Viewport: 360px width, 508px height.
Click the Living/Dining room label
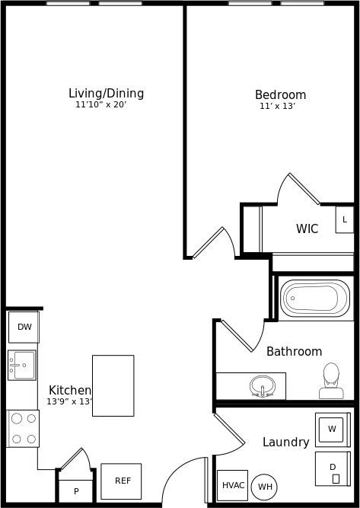[x=106, y=94]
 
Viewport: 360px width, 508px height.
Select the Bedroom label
[x=280, y=95]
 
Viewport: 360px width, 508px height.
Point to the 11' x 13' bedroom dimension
[x=277, y=107]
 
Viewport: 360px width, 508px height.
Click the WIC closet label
[x=307, y=228]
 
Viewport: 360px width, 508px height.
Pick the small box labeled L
[x=345, y=219]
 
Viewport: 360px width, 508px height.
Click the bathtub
[x=314, y=299]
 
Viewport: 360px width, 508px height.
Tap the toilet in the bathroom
[x=331, y=381]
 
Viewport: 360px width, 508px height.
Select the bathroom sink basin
[x=262, y=386]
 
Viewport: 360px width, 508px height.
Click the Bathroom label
[x=294, y=352]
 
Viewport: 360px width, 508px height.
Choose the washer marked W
[x=332, y=430]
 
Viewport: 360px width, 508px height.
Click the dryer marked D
[x=333, y=468]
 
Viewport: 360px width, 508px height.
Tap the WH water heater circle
[x=264, y=487]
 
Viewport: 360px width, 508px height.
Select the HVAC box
[x=233, y=485]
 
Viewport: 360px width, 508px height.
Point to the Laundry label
[x=285, y=443]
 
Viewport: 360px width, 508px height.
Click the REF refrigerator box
[x=122, y=481]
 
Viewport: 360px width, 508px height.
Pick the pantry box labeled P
[x=76, y=491]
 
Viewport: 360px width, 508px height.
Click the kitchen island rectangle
[x=113, y=385]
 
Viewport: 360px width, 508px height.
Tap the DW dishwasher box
[x=24, y=327]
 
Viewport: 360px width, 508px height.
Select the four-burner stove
[x=23, y=428]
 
